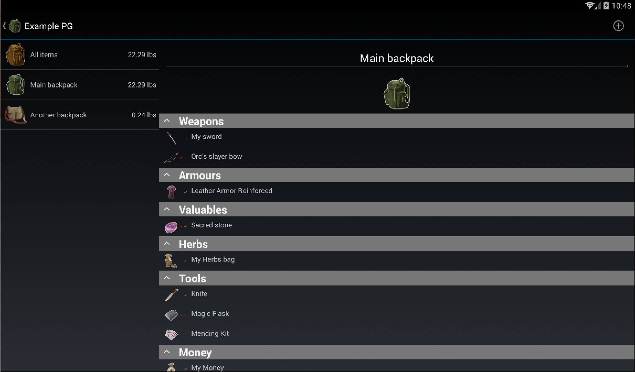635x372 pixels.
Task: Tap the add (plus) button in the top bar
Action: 618,26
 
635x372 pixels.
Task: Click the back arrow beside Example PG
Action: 4,26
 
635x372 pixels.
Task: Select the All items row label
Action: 44,54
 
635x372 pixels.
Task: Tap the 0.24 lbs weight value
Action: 144,115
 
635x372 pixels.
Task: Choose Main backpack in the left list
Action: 54,85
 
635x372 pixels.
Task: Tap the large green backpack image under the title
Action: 397,93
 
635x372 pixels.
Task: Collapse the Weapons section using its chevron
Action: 167,121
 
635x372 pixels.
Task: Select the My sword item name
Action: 206,136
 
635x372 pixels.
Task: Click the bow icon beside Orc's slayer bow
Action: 171,158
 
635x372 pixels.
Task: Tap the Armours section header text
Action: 200,175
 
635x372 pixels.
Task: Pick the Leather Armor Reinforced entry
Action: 231,190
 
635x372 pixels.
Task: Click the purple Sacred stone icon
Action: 171,227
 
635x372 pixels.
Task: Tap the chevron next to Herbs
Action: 167,244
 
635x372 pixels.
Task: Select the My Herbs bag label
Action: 213,259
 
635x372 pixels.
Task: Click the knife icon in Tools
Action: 172,295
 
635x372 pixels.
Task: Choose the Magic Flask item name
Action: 210,313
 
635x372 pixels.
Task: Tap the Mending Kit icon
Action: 171,335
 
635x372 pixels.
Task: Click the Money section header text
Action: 195,352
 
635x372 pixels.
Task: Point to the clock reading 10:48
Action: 621,6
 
